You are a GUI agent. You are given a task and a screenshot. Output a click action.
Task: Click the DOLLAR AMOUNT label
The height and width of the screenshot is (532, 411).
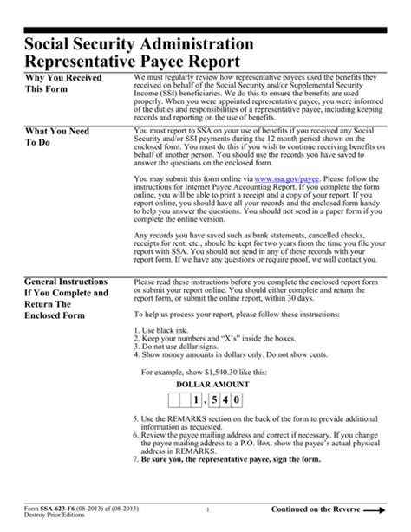[212, 383]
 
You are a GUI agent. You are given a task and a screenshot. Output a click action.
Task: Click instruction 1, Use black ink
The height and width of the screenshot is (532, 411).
[165, 332]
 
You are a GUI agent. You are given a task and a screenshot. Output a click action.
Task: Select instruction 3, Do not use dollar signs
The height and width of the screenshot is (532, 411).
[184, 347]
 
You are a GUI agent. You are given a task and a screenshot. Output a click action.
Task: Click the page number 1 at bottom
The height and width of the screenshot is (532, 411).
[198, 509]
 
